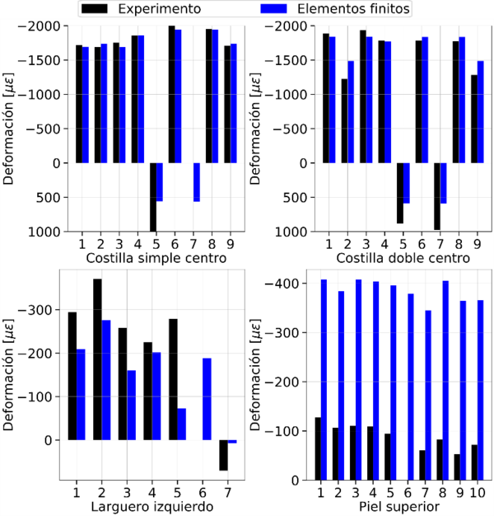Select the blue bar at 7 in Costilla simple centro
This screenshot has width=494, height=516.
[x=198, y=182]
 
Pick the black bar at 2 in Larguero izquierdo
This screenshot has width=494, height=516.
[x=97, y=359]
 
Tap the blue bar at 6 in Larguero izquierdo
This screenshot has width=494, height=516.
[x=207, y=399]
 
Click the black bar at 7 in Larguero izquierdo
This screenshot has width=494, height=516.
[x=223, y=455]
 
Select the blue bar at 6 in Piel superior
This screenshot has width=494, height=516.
[x=411, y=387]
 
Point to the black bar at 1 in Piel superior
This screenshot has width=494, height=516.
[x=318, y=448]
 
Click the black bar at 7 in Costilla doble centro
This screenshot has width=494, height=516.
[x=437, y=196]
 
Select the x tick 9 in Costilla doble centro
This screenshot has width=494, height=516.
[x=478, y=243]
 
